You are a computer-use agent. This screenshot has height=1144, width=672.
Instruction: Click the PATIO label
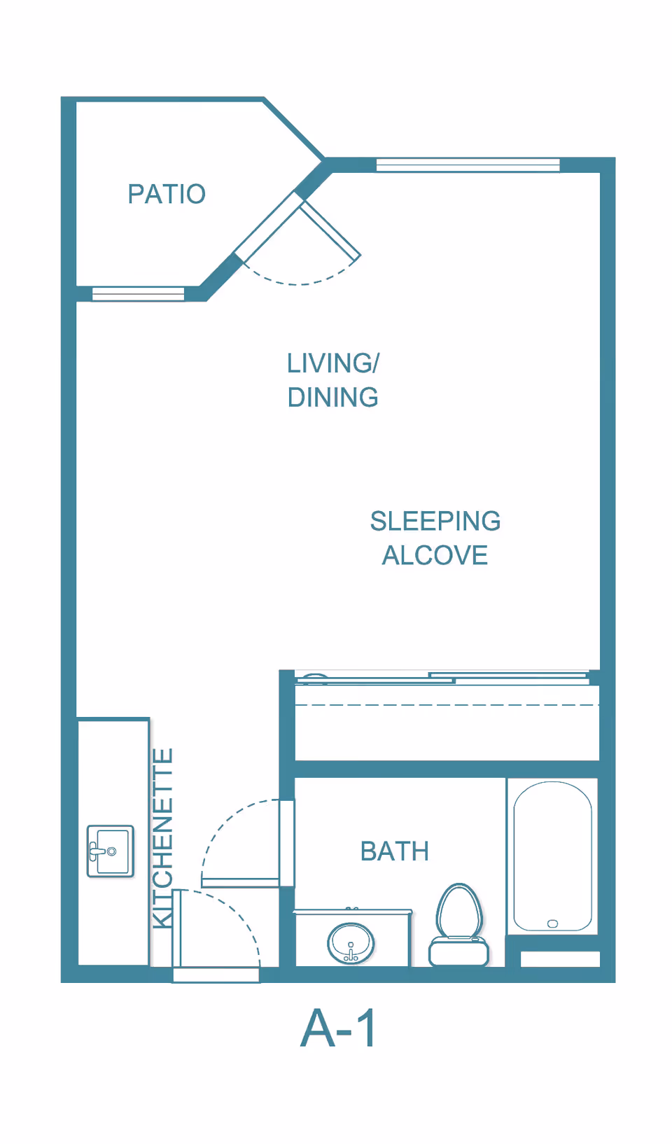(x=167, y=194)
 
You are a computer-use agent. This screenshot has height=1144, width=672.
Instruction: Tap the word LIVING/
(x=333, y=363)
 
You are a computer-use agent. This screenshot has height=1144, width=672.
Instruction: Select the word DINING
(x=333, y=398)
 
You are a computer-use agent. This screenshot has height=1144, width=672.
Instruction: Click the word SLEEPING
(x=435, y=521)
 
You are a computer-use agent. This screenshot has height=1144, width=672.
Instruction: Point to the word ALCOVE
(x=435, y=555)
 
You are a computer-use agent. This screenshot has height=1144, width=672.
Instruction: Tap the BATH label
(x=395, y=851)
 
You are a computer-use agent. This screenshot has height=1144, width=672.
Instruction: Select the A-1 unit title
(x=338, y=1028)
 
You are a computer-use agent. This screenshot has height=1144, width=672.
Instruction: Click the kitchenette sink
(x=111, y=851)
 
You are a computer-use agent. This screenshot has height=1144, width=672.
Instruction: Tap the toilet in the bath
(x=458, y=925)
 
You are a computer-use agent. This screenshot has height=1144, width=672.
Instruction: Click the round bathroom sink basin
(x=351, y=943)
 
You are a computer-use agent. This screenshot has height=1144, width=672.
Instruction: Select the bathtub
(x=552, y=856)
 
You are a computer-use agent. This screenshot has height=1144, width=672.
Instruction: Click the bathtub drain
(x=552, y=923)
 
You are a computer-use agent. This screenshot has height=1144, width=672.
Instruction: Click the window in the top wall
(x=468, y=165)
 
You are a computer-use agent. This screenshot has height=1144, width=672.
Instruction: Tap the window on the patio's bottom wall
(x=138, y=294)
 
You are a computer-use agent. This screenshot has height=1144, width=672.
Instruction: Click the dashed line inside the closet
(x=447, y=705)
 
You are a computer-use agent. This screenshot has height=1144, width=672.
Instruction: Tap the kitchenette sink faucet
(x=97, y=851)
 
